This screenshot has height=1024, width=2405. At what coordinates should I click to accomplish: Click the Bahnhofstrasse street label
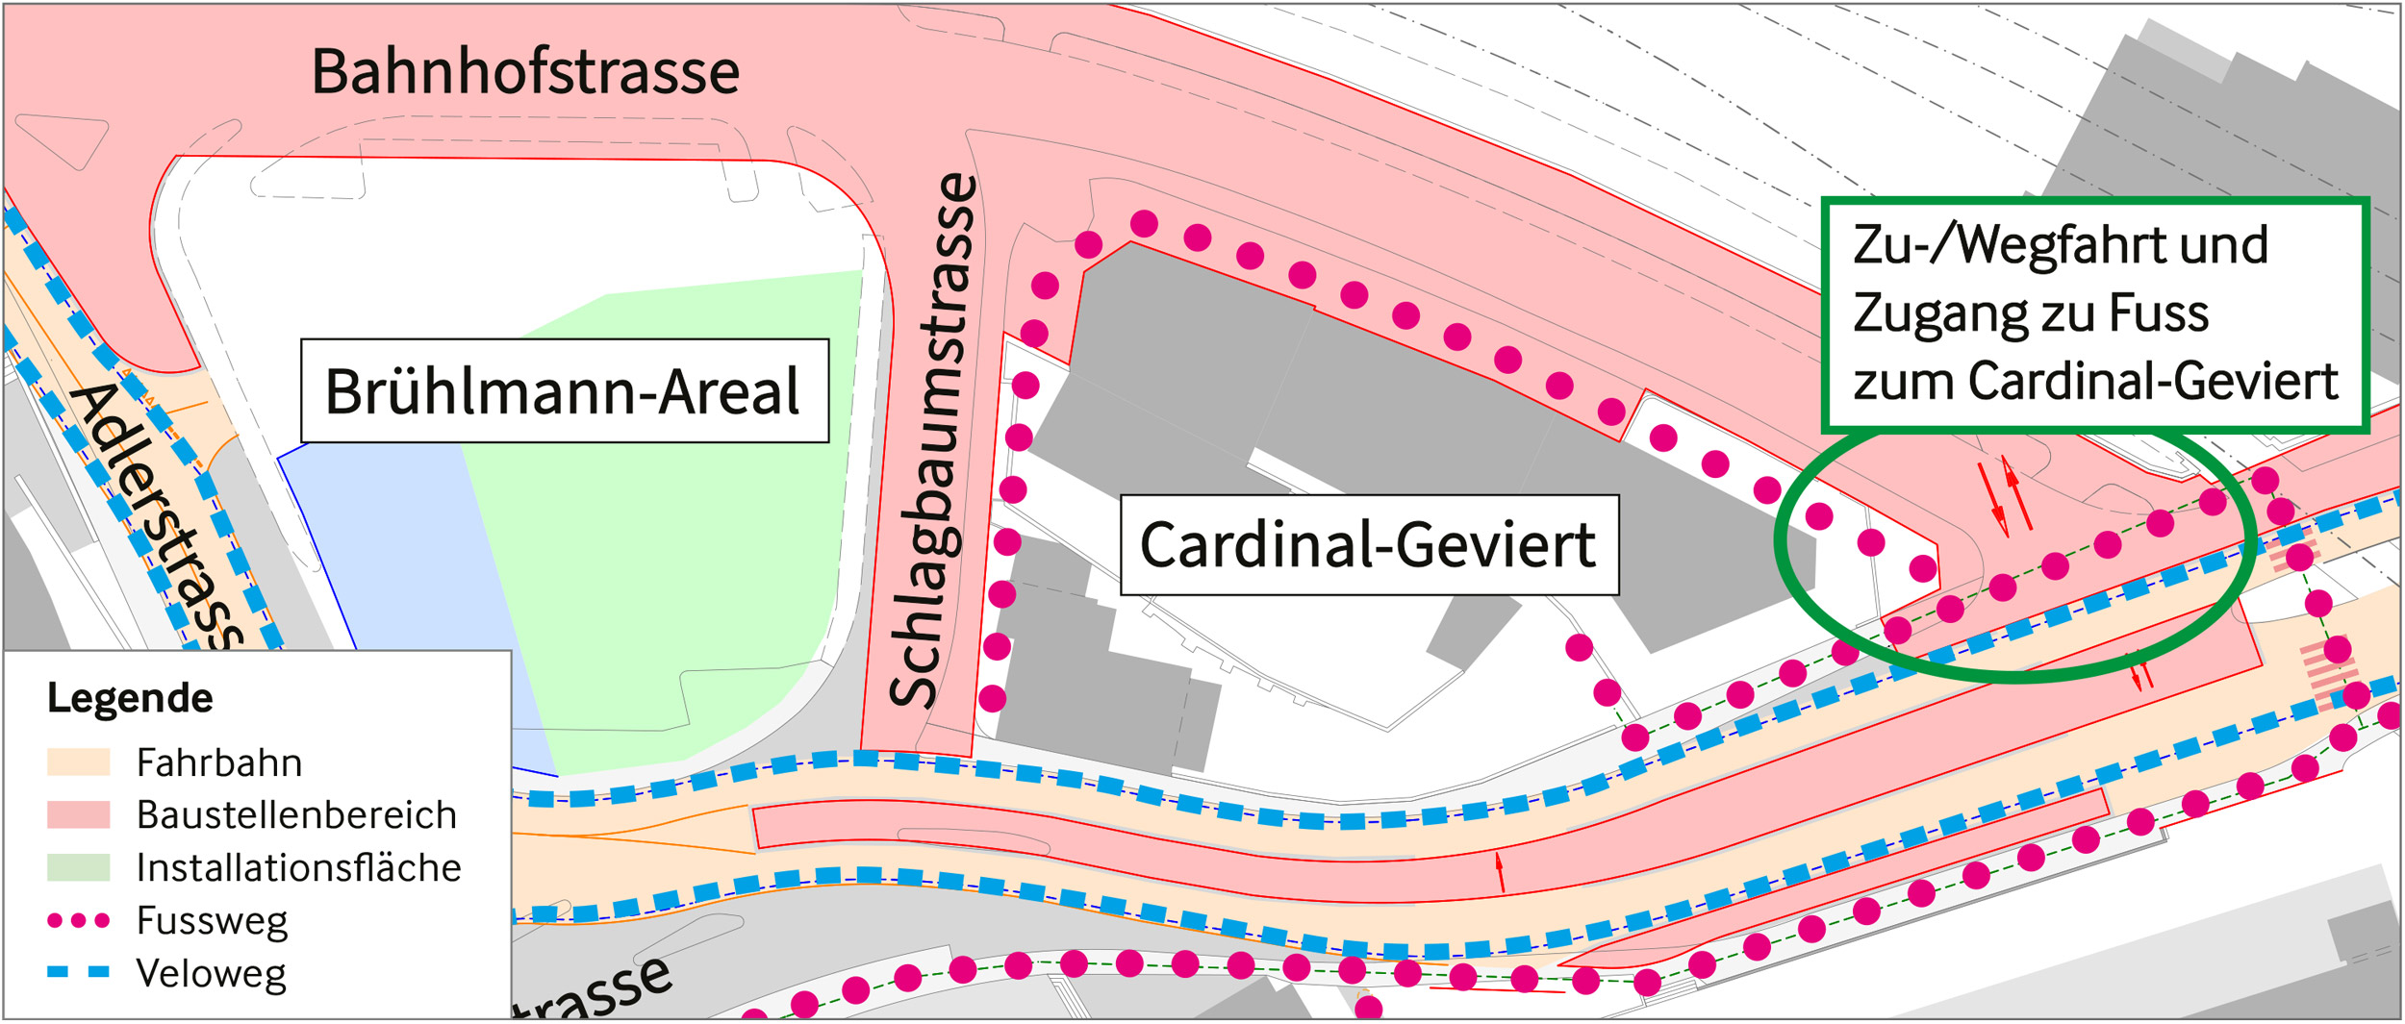coord(525,71)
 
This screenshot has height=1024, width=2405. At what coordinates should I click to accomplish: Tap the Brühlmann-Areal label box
coord(564,391)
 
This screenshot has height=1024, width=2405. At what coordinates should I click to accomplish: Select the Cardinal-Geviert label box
coord(1368,545)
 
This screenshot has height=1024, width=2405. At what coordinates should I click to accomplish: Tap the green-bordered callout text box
coord(2093,313)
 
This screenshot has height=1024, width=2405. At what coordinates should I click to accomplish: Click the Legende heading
coord(130,698)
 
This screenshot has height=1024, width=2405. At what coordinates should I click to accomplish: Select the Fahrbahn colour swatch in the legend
coord(78,762)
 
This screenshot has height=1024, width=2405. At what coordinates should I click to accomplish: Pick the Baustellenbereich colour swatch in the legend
coord(78,815)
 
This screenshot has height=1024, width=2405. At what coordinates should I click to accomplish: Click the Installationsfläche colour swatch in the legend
coord(78,867)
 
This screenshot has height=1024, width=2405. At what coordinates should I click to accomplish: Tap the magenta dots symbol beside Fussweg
coord(78,921)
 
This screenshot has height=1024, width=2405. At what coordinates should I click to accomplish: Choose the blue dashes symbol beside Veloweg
coord(78,973)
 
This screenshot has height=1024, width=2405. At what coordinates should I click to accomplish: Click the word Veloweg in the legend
coord(212,974)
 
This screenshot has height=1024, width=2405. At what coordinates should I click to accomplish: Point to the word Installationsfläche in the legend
coord(298,868)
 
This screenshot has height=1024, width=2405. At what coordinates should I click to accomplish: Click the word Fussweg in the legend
coord(212,921)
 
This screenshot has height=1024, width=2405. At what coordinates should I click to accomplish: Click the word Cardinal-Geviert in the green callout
coord(2153,382)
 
